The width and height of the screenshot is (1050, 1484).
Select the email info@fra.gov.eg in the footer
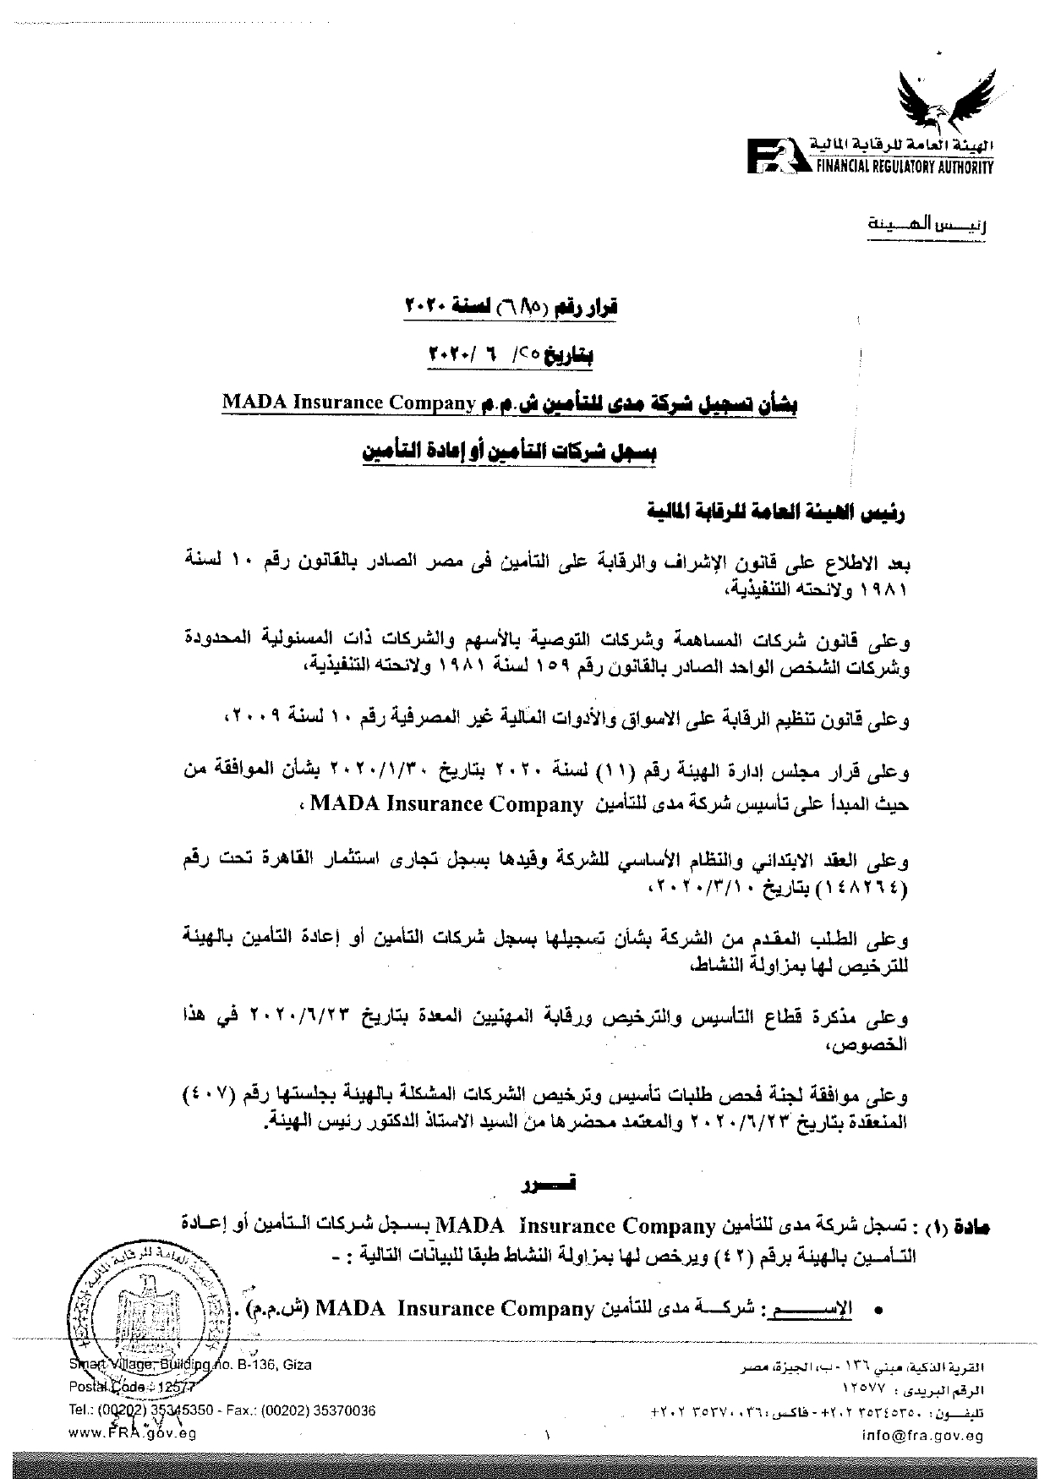pos(922,1434)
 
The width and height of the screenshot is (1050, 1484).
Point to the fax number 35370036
pos(342,1410)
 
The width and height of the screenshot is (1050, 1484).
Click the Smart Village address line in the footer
pos(190,1365)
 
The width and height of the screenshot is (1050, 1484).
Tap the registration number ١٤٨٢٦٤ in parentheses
pos(871,889)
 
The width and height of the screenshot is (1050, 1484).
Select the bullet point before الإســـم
pos(879,1311)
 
